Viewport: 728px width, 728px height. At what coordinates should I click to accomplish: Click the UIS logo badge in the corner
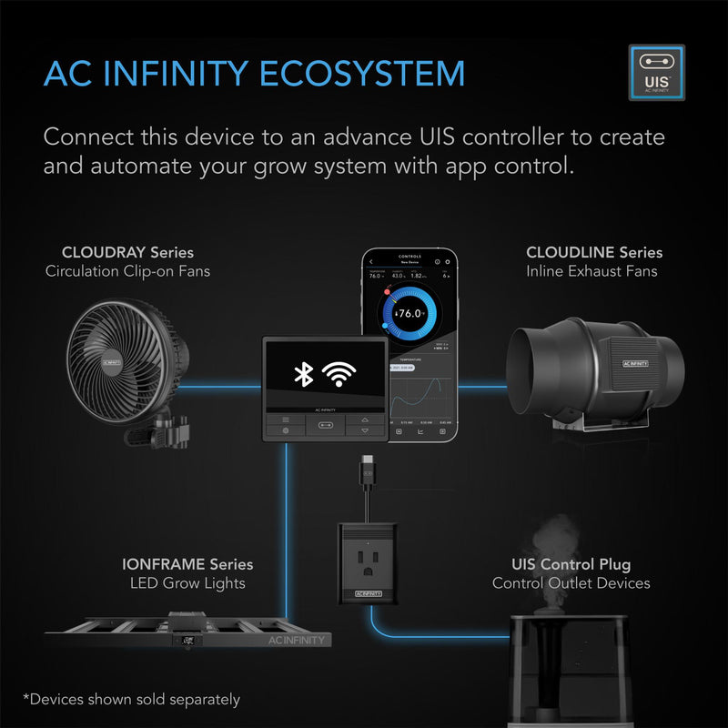(656, 73)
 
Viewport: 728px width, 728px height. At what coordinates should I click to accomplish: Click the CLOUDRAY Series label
(127, 252)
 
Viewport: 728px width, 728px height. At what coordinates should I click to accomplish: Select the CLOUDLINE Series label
(594, 252)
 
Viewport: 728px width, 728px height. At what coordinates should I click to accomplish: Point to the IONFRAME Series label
(187, 565)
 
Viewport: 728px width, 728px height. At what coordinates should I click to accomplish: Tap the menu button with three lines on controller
(285, 420)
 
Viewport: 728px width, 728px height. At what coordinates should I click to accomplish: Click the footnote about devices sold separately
(133, 699)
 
